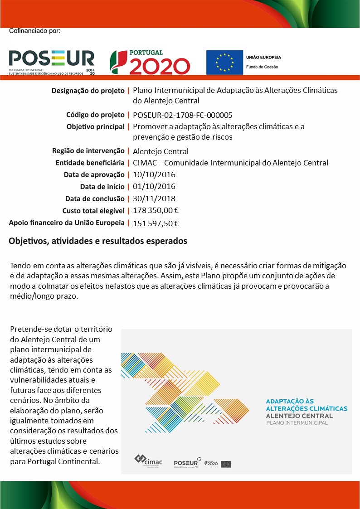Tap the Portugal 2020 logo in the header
150,62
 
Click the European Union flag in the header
224,63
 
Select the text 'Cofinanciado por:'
34,31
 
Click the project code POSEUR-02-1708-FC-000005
183,115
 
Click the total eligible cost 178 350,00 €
156,210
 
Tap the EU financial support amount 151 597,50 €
156,223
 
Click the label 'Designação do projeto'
88,91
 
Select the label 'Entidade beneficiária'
90,163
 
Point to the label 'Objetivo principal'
95,126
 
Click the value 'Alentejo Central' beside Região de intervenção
161,151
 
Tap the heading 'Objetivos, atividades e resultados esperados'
98,241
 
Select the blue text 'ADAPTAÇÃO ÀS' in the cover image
290,401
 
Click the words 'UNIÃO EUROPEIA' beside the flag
263,58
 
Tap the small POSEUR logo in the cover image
186,463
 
